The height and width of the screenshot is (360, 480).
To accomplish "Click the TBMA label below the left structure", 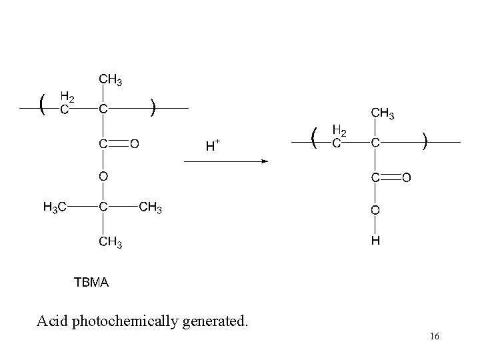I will (91, 283).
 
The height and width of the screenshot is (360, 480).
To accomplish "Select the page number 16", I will (434, 337).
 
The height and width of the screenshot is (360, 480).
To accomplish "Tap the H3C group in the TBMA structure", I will (55, 208).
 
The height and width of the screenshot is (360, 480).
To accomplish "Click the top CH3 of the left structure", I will (111, 80).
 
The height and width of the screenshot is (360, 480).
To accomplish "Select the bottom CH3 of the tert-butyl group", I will (111, 241).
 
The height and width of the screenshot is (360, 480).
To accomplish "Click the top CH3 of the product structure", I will (383, 114).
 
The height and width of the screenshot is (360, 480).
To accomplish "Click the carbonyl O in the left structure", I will (135, 143).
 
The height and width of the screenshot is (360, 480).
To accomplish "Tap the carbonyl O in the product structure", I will (407, 178).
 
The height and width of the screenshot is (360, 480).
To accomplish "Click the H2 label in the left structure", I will (68, 97).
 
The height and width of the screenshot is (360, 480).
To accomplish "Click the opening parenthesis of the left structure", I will (43, 105).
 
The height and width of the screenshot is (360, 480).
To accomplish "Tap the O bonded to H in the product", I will (376, 211).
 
